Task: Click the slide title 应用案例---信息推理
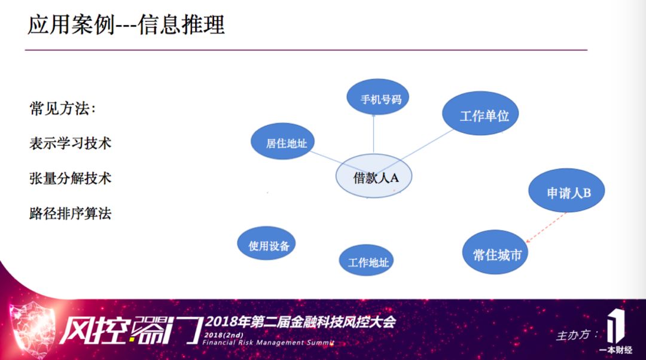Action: tap(126, 25)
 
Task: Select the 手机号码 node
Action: tap(377, 99)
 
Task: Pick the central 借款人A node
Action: tap(374, 177)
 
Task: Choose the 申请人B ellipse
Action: tap(567, 192)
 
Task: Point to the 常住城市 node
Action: tap(496, 254)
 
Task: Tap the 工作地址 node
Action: tap(366, 261)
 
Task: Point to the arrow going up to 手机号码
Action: tap(373, 135)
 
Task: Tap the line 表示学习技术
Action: tap(70, 144)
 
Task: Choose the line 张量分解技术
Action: tap(70, 178)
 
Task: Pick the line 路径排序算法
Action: tap(70, 213)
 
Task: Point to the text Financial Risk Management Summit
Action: tap(268, 343)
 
